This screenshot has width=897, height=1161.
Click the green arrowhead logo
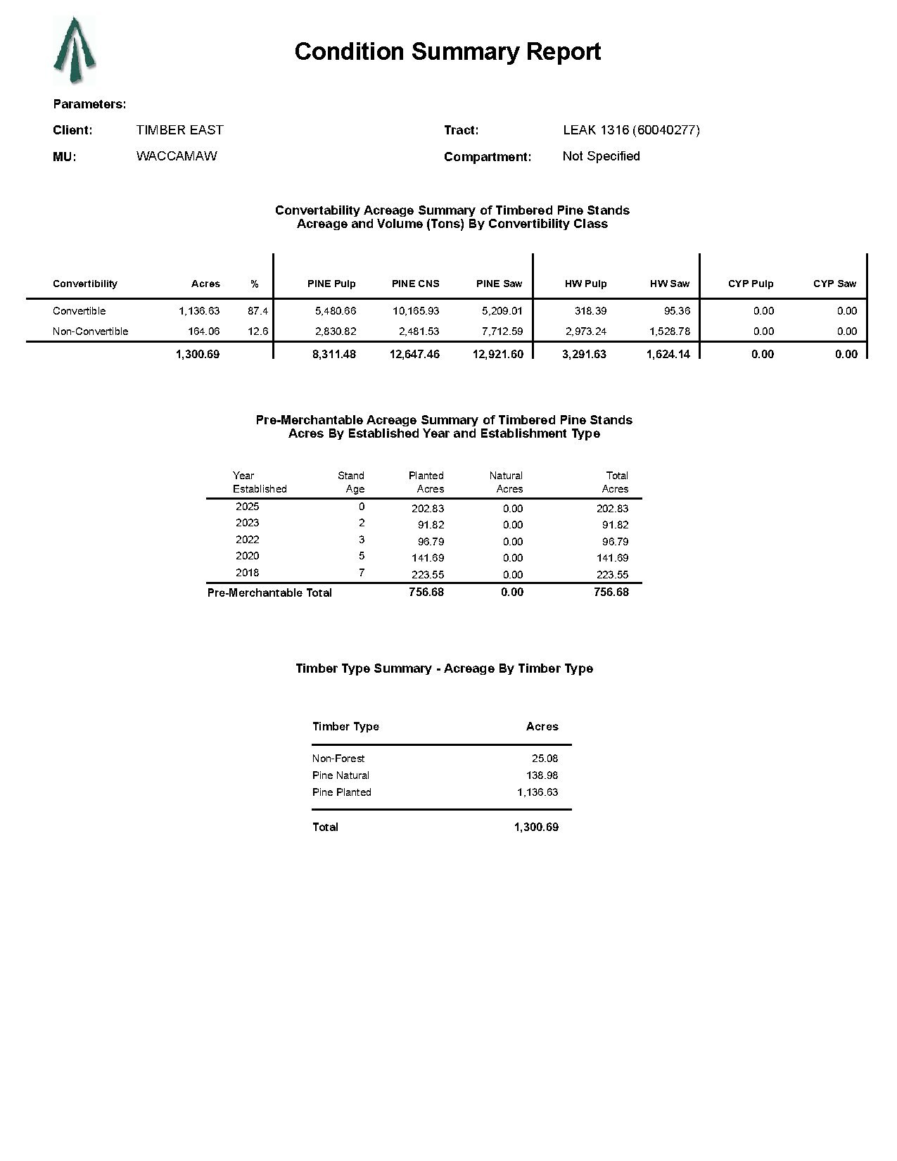point(75,51)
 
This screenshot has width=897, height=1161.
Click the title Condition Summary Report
point(447,52)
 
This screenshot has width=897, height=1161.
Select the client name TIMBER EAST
point(179,130)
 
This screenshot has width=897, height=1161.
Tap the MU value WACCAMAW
point(177,156)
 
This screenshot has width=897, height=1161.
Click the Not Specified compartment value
point(601,156)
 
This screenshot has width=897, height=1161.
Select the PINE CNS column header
point(415,284)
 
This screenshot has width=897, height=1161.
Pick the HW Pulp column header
point(585,284)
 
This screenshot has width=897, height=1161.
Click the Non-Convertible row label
point(90,331)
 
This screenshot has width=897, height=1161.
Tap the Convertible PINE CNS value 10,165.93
point(415,311)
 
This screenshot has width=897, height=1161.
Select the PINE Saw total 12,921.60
point(498,355)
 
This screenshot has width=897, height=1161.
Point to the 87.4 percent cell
point(257,311)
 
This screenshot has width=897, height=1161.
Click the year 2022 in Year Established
point(247,540)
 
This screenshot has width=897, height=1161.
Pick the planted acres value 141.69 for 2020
point(427,558)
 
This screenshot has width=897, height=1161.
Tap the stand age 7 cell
point(362,573)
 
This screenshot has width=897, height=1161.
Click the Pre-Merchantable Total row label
point(269,593)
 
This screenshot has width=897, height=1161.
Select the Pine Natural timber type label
point(341,775)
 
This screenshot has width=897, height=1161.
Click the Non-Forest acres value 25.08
point(545,759)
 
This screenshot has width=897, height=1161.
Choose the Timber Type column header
point(345,727)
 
